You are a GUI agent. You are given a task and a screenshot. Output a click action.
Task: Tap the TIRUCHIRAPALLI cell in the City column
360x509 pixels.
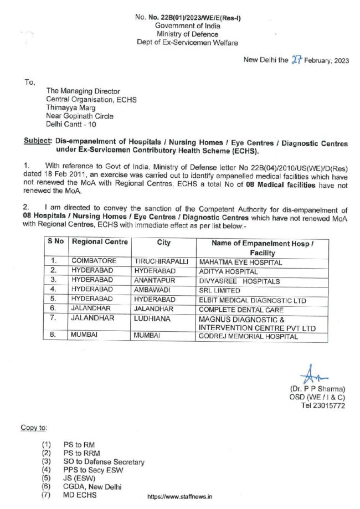tap(161, 261)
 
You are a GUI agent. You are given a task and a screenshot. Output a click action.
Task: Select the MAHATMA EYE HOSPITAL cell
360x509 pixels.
tap(240, 262)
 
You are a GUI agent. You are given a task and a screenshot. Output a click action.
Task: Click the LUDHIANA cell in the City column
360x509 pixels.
tap(152, 319)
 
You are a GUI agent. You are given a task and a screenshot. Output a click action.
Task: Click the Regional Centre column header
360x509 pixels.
tap(100, 243)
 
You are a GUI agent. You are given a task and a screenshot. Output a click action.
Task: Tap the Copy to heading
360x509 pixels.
tap(33, 428)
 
